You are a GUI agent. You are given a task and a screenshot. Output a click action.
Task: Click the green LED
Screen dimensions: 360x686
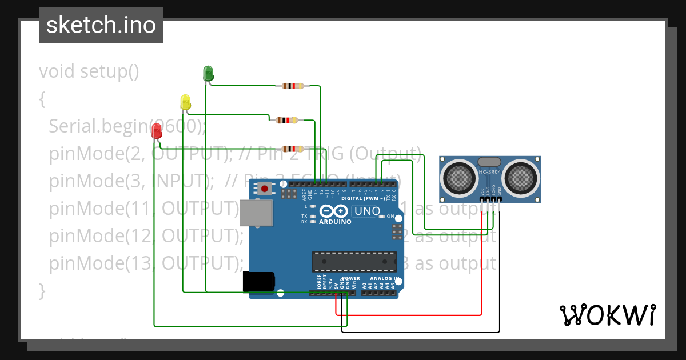(x=208, y=73)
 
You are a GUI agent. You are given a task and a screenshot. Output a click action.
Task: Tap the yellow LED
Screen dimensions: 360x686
(x=185, y=102)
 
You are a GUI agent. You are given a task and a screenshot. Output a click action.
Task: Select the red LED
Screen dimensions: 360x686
(x=157, y=131)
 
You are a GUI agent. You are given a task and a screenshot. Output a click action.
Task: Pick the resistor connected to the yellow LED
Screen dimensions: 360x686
(x=286, y=120)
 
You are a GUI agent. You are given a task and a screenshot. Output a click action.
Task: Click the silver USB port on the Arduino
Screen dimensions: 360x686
(x=256, y=214)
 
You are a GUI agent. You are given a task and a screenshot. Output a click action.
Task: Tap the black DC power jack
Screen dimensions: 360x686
(x=258, y=282)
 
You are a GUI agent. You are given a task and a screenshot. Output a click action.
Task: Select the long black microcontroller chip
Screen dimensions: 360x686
(x=354, y=261)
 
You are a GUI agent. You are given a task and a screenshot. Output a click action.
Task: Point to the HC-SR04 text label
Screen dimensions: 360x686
(x=490, y=172)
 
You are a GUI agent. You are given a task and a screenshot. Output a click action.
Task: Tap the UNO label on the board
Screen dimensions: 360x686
(x=367, y=211)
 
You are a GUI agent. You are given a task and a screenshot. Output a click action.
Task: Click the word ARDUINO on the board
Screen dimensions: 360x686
(x=335, y=222)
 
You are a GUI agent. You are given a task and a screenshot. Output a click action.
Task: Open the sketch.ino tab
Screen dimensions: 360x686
(x=101, y=25)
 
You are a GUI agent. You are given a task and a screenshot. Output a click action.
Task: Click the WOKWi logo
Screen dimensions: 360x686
(x=607, y=315)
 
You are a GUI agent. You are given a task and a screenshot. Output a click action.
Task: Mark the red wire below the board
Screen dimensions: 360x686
(x=409, y=315)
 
